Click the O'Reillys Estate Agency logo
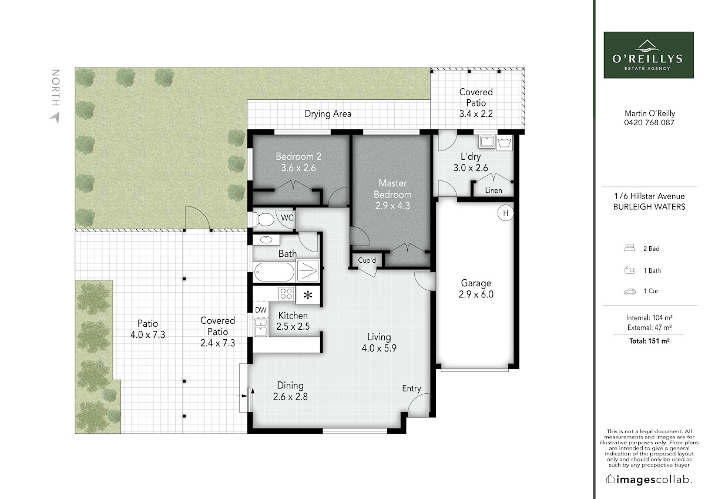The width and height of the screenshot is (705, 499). point(649,55)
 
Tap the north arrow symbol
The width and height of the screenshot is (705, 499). point(55,118)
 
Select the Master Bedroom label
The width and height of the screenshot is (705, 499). point(392,189)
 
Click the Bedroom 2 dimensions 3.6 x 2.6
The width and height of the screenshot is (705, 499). point(298,168)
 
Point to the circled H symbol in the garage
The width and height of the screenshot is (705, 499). point(505,213)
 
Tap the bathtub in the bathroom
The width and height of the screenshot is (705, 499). point(274,272)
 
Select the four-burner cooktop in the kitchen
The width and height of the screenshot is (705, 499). point(287,293)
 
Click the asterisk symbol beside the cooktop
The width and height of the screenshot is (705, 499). point(308,295)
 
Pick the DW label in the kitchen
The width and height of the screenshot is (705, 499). point(261,310)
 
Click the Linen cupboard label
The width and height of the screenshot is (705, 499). point(493,190)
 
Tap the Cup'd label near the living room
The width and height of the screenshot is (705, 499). point(367,260)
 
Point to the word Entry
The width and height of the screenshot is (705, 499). point(411,389)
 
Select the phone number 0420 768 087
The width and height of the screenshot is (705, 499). point(649,122)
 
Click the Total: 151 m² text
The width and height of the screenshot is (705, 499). point(649,341)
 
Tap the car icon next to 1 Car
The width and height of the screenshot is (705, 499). point(629,292)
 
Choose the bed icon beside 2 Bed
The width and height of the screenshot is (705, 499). point(629,249)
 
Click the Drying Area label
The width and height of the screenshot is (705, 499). point(328,113)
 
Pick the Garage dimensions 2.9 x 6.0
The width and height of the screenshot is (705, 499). point(476,294)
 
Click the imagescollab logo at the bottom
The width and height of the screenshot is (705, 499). point(648,480)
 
